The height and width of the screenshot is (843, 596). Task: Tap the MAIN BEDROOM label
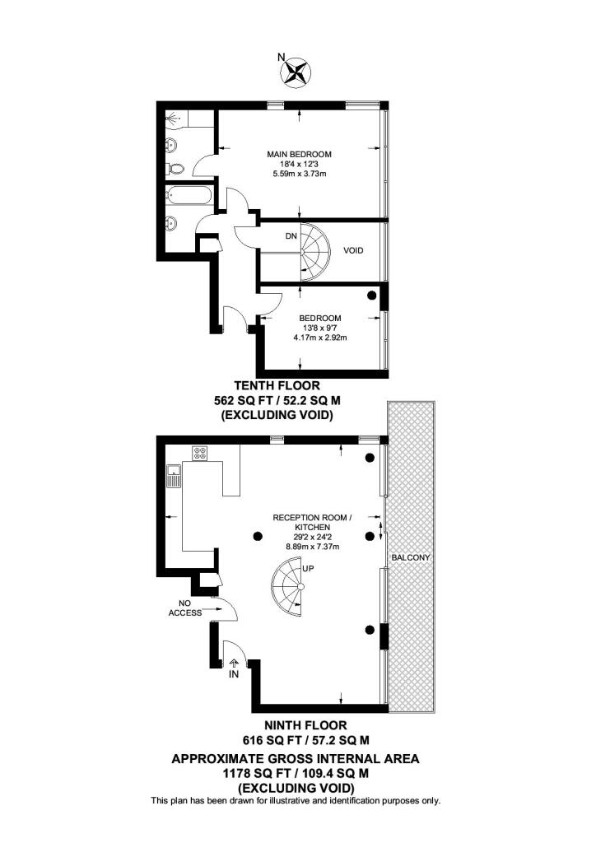tap(300, 154)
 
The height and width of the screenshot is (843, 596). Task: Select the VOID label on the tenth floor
tap(353, 250)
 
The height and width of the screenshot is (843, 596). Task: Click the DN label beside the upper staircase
tap(291, 236)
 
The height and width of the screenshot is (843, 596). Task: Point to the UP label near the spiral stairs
tap(309, 569)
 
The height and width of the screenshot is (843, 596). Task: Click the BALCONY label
tap(411, 557)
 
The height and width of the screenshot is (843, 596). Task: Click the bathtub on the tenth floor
tap(189, 195)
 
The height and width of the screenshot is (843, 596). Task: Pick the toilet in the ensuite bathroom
tap(175, 168)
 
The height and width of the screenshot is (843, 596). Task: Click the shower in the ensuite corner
tap(175, 119)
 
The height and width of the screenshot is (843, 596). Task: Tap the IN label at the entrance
tap(233, 673)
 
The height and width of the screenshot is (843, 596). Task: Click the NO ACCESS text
tap(185, 608)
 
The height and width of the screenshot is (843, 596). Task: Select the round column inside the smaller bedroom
tap(371, 296)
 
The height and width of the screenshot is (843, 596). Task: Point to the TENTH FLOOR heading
tap(277, 385)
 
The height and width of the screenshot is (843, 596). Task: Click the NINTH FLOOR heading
tap(305, 725)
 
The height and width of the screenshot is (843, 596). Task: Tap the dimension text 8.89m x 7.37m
tap(312, 547)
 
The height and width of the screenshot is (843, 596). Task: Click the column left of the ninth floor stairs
tap(258, 536)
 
